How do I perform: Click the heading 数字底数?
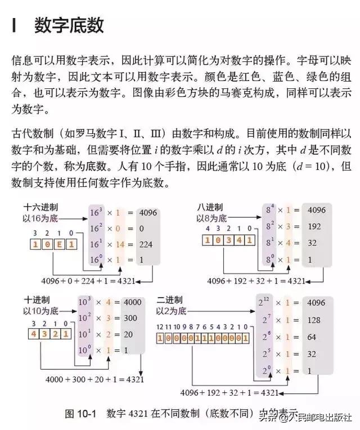[x=69, y=25]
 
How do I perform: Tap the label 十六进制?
[x=40, y=207]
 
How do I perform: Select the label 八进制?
[x=210, y=207]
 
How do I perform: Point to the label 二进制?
[x=169, y=300]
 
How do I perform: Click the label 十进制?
[x=37, y=300]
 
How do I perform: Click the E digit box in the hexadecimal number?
[x=59, y=244]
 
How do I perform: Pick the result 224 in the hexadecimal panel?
[x=146, y=244]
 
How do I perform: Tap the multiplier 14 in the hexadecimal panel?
[x=120, y=244]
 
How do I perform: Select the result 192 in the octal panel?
[x=314, y=226]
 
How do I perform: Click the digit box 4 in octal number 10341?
[x=239, y=240]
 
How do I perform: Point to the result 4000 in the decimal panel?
[x=133, y=302]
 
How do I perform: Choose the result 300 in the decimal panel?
[x=130, y=318]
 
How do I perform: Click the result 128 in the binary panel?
[x=314, y=320]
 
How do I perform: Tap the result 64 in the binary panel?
[x=312, y=337]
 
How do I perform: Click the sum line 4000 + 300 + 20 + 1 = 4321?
[x=94, y=379]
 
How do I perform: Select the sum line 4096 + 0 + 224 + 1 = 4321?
[x=88, y=281]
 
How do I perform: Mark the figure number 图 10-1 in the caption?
[x=80, y=413]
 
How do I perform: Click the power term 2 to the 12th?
[x=264, y=302]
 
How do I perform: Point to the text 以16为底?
[x=40, y=218]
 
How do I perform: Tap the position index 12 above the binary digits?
[x=160, y=327]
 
